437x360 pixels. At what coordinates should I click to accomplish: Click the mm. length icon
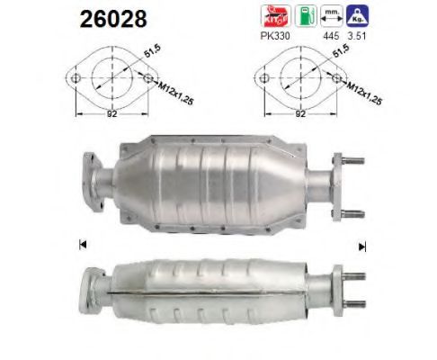333,16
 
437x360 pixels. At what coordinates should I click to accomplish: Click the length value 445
334,39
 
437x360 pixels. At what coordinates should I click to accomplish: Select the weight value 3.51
362,39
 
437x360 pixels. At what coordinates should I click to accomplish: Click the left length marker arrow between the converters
82,244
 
